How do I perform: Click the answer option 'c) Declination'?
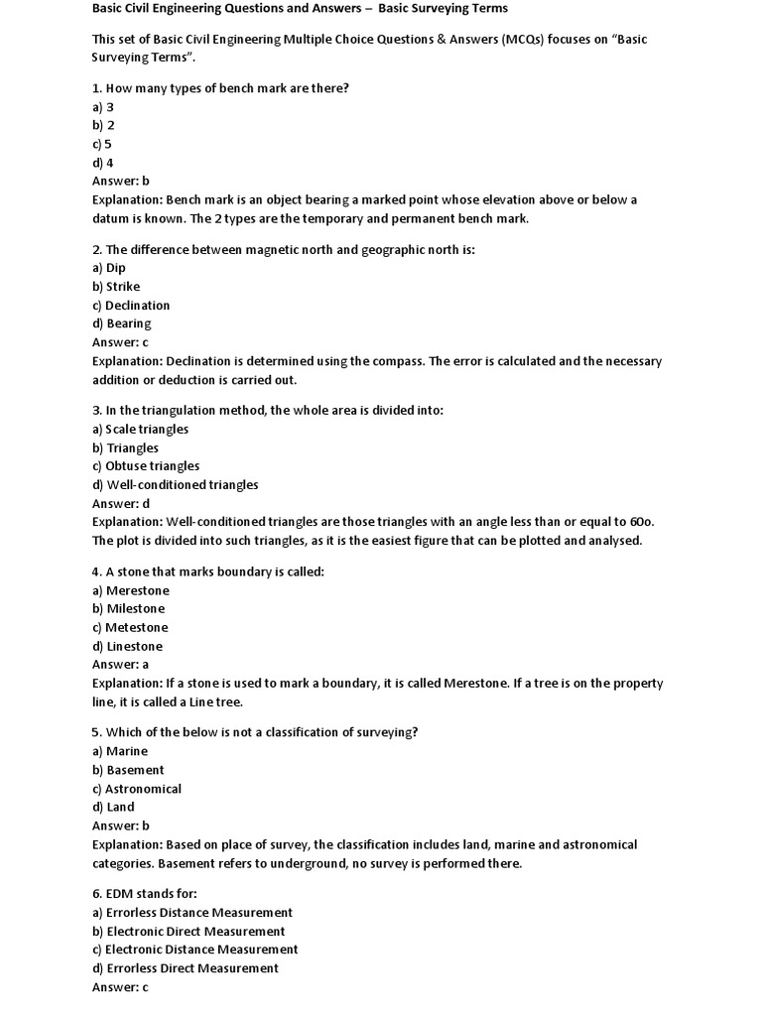[x=131, y=306]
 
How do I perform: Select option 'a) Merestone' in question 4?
[x=131, y=590]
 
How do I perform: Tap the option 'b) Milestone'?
[x=129, y=609]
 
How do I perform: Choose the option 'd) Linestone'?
[x=128, y=646]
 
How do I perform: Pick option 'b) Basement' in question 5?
[x=128, y=770]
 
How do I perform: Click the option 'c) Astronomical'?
[x=137, y=789]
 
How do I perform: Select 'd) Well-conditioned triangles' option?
[x=176, y=485]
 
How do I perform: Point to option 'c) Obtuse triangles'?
[x=146, y=466]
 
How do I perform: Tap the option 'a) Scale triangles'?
[x=140, y=430]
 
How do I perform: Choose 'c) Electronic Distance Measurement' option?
[x=194, y=950]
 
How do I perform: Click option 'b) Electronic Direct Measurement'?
[x=189, y=932]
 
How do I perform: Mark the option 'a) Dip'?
[x=109, y=268]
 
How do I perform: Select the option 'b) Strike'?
[x=116, y=287]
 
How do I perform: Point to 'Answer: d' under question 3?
[x=121, y=504]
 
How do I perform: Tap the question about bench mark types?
[x=220, y=88]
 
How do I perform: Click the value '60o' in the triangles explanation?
[x=641, y=522]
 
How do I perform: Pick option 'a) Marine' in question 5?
[x=120, y=751]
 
